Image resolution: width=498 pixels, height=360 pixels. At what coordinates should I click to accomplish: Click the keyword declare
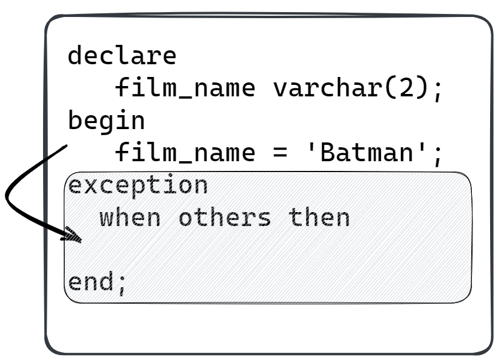122,56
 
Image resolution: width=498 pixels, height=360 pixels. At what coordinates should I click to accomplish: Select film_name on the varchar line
185,88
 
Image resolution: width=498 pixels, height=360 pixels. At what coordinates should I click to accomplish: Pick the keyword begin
106,121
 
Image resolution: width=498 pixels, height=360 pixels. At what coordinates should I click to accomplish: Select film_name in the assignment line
185,153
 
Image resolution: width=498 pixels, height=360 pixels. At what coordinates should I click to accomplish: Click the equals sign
280,153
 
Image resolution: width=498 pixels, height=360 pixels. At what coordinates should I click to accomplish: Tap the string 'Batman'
367,153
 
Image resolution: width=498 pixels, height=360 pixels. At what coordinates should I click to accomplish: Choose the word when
130,217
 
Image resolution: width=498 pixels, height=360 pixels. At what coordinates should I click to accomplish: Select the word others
225,217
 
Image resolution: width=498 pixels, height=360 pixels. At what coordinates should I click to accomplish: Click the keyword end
90,282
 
